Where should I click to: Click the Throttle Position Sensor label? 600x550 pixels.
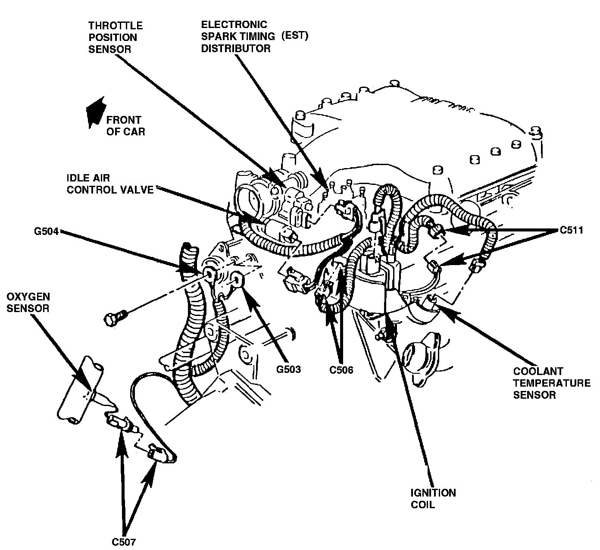tap(115, 37)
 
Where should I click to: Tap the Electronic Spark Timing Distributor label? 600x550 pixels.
tap(254, 36)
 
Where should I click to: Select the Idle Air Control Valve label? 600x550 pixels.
tap(110, 184)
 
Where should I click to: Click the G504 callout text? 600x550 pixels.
tap(46, 231)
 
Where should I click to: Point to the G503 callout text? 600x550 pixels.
tap(288, 369)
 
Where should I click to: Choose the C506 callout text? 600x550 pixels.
tap(341, 369)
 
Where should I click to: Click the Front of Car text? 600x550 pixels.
tap(125, 126)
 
